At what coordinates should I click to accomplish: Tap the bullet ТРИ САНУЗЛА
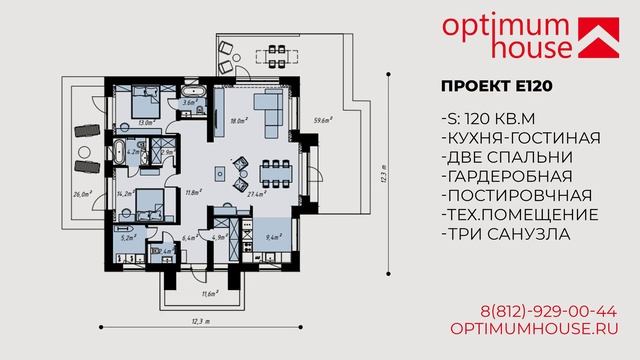(505, 234)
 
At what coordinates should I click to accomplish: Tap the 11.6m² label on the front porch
(208, 293)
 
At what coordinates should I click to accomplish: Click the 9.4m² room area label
(272, 238)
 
